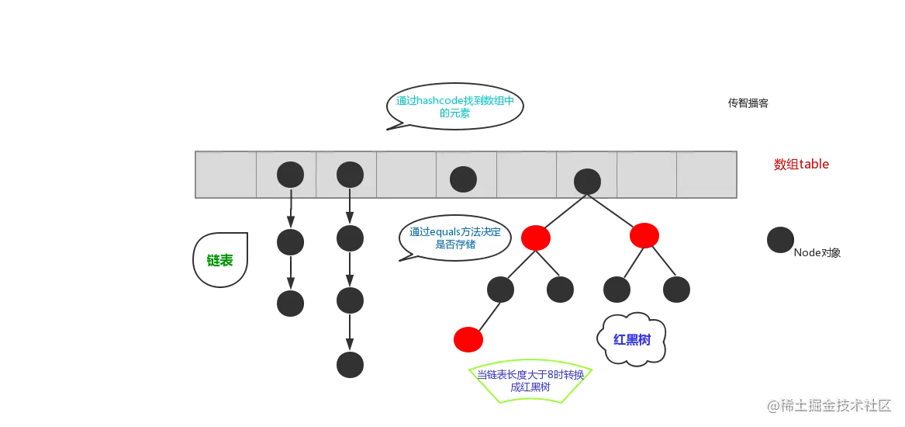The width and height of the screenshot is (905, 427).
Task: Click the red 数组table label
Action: [x=801, y=165]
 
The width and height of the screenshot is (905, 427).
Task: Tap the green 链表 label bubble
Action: [x=219, y=260]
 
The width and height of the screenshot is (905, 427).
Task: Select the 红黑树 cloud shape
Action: [x=631, y=339]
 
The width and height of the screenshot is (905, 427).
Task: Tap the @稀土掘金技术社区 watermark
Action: [x=831, y=404]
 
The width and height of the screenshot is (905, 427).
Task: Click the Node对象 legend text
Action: [x=817, y=253]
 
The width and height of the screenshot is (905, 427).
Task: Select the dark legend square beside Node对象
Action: [x=777, y=239]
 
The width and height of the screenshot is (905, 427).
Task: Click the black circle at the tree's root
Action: [x=587, y=181]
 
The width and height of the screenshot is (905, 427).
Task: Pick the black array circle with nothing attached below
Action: [x=464, y=179]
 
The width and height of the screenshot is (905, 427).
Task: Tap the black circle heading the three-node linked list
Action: [x=350, y=175]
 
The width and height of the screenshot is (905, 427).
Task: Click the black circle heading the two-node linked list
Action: [x=290, y=175]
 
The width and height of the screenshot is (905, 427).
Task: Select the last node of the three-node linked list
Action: [x=350, y=365]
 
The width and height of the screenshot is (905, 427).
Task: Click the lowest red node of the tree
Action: [x=468, y=340]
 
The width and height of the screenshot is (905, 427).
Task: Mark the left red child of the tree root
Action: [x=536, y=238]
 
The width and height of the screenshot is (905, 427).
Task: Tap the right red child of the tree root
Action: [x=644, y=235]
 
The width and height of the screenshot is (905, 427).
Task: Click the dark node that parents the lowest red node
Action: [x=499, y=290]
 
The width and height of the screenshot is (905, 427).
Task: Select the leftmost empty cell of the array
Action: [x=225, y=175]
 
